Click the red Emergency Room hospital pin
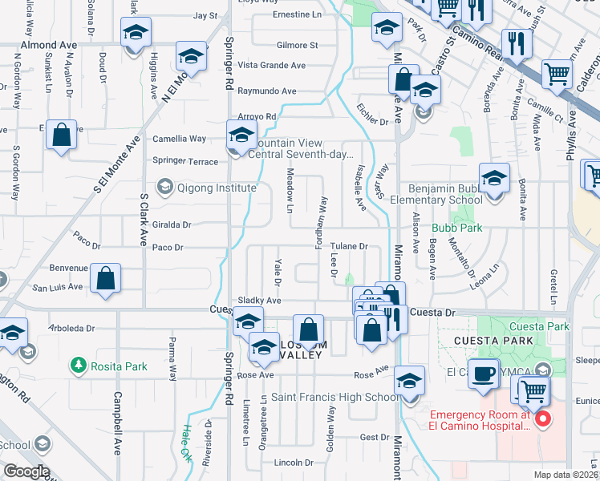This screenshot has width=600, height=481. [542, 418]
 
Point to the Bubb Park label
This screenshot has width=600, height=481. [461, 228]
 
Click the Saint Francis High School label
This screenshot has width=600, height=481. [334, 397]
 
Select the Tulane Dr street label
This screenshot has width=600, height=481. [350, 247]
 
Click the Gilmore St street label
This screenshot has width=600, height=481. [298, 46]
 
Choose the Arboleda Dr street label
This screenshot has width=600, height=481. [72, 328]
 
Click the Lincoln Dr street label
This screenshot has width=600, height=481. [294, 463]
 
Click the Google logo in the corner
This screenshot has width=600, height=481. [26, 471]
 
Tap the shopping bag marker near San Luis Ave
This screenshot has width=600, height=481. [106, 281]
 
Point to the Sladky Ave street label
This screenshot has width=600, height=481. [259, 301]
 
